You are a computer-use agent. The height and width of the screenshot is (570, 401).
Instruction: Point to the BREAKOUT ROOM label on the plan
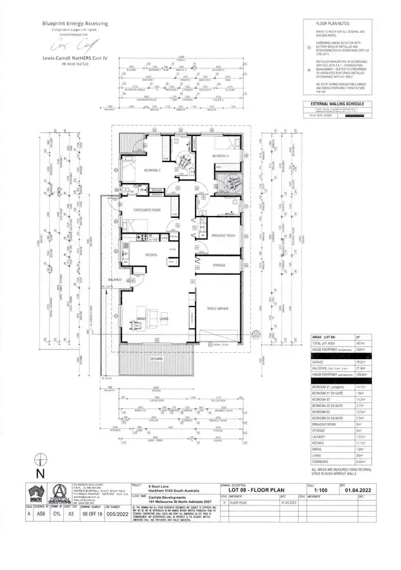click(223, 235)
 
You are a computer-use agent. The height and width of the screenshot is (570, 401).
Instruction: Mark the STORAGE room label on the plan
click(219, 265)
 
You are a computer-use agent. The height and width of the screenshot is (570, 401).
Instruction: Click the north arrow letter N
click(40, 472)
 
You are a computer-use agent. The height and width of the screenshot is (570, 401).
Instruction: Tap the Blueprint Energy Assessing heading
click(75, 23)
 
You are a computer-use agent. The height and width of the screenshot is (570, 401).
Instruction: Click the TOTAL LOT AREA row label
click(323, 341)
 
